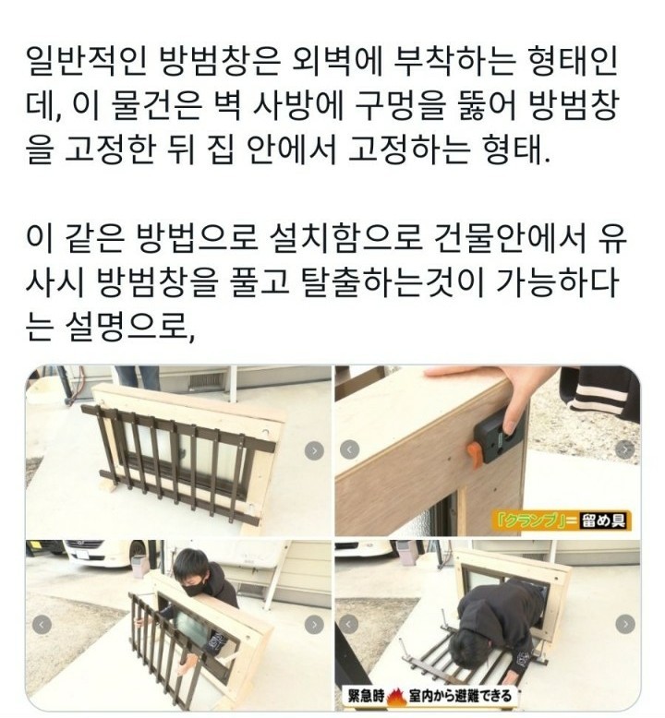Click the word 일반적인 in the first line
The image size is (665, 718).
(87, 61)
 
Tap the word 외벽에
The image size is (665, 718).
(337, 61)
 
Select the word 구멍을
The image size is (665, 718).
(401, 106)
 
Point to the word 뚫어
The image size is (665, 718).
(487, 106)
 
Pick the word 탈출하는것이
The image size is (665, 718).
(393, 282)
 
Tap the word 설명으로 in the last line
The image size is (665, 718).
(130, 328)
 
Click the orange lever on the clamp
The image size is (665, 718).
(475, 456)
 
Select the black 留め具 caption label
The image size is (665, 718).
(604, 521)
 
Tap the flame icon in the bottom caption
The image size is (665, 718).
(394, 697)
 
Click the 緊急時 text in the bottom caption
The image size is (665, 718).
(366, 697)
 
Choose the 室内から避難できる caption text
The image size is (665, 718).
(460, 697)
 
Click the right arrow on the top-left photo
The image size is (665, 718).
(314, 451)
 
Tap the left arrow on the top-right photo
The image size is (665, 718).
(350, 449)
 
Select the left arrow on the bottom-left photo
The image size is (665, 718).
(42, 625)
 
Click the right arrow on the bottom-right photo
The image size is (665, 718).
(625, 624)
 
